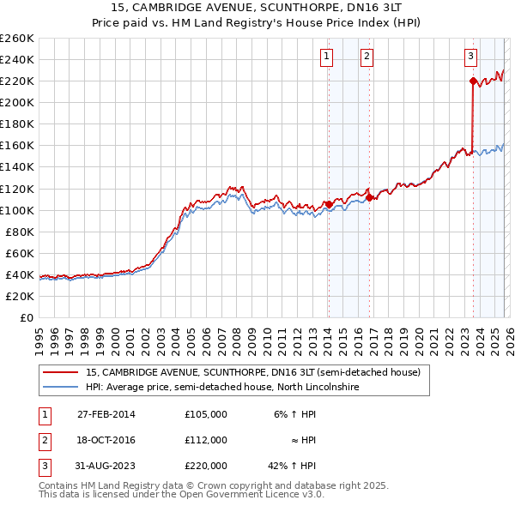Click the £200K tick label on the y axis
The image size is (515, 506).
(17, 102)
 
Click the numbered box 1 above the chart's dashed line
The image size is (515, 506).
(328, 57)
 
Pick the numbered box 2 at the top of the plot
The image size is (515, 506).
(367, 57)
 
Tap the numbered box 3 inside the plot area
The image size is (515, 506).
(471, 57)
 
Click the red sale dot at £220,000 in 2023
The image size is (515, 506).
(473, 81)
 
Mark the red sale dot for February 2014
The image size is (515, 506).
(329, 204)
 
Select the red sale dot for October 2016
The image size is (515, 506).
(369, 197)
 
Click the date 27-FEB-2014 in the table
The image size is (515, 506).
(106, 414)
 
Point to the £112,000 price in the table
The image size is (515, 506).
(206, 440)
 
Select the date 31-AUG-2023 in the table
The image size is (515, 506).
(106, 466)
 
